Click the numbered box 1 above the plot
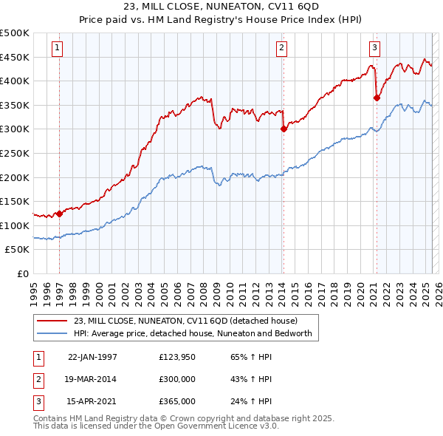pos(57,49)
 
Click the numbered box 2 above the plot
pos(281,49)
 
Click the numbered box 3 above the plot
pos(374,49)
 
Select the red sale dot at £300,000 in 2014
pos(284,129)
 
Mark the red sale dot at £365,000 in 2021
pos(377,98)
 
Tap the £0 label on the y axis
pos(24,273)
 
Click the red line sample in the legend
pos(52,321)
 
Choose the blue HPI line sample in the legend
pos(52,333)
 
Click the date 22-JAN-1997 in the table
pos(92,357)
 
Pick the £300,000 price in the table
pos(177,379)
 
